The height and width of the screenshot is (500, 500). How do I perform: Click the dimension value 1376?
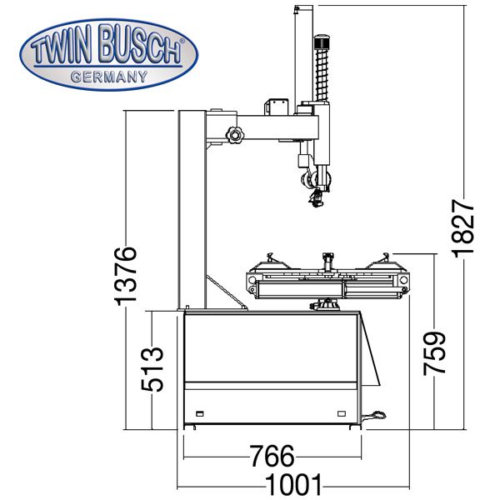(126, 276)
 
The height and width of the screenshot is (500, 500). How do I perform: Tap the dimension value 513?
(152, 369)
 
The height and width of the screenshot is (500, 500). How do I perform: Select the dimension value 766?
(272, 457)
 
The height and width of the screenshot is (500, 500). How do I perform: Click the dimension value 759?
(434, 353)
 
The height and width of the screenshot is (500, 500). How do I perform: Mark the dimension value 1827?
(462, 228)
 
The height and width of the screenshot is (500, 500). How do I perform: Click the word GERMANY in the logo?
(108, 77)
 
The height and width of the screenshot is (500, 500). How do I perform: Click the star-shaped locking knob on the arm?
(235, 135)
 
